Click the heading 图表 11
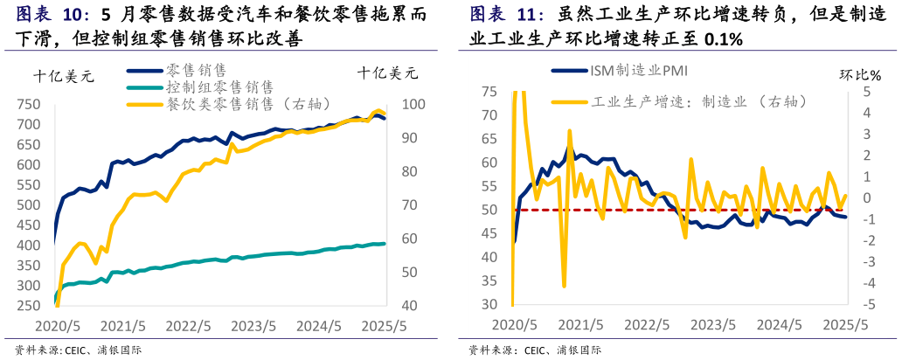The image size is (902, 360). point(507,15)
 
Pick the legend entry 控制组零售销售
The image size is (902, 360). point(219,87)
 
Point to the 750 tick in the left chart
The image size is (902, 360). point(32,104)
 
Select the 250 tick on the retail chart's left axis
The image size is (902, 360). point(32,306)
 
